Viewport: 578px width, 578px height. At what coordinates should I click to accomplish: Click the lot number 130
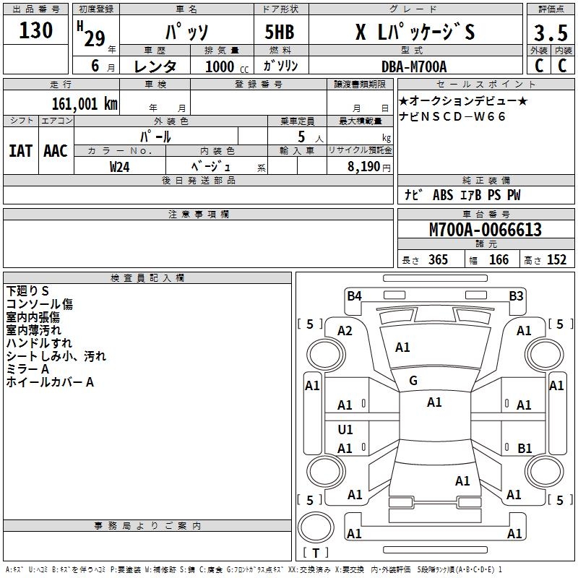tap(36, 30)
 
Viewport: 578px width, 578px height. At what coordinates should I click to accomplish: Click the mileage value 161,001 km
tap(85, 103)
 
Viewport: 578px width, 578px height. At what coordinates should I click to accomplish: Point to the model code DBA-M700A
tap(414, 66)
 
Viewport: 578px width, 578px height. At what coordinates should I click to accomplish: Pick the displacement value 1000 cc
tap(225, 66)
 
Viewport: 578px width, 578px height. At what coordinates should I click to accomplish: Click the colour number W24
tap(120, 166)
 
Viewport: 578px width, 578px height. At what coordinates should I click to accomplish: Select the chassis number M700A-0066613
tap(485, 230)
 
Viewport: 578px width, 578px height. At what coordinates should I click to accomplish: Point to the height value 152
tap(556, 260)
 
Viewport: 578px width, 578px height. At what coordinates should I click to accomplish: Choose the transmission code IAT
tap(20, 151)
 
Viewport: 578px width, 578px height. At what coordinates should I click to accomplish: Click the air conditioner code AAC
tap(55, 151)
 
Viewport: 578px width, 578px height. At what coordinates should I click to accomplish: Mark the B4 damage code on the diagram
tap(354, 295)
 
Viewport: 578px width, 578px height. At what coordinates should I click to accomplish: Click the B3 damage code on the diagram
tap(516, 295)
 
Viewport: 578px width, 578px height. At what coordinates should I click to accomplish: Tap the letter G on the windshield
tap(413, 380)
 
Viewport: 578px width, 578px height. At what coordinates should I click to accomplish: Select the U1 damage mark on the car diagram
tap(345, 430)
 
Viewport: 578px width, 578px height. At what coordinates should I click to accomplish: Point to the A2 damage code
tap(345, 331)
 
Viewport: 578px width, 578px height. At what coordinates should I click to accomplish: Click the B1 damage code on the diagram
tap(525, 448)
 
